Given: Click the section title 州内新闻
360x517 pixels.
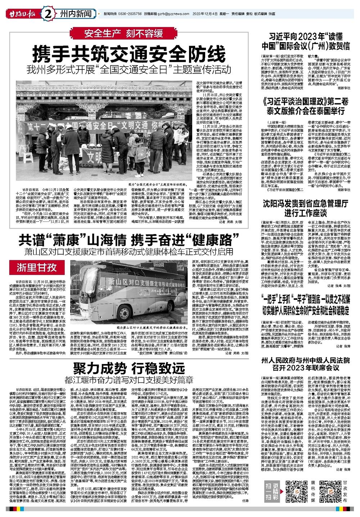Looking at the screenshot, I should tap(75, 14).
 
